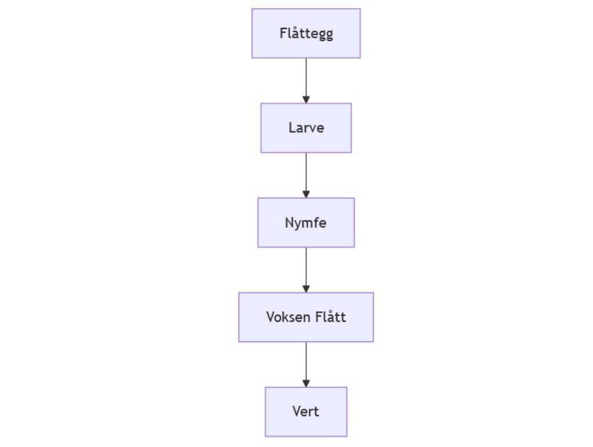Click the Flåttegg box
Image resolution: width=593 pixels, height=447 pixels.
pyautogui.click(x=306, y=33)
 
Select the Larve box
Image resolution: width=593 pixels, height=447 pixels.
pyautogui.click(x=306, y=128)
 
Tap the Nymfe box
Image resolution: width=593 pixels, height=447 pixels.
pyautogui.click(x=306, y=223)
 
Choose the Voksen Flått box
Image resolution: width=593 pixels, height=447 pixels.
pyautogui.click(x=306, y=317)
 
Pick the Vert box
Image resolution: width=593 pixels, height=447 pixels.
pyautogui.click(x=306, y=412)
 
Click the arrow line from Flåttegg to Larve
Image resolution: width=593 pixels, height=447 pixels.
pyautogui.click(x=306, y=81)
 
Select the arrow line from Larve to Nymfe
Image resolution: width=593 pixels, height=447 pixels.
pyautogui.click(x=306, y=175)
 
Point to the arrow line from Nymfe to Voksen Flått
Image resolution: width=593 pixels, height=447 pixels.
pyautogui.click(x=306, y=270)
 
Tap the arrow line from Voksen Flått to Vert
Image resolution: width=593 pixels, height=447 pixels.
pyautogui.click(x=306, y=365)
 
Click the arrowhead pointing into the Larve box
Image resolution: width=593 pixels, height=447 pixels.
pyautogui.click(x=306, y=100)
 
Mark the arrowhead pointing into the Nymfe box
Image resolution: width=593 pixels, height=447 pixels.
pyautogui.click(x=306, y=195)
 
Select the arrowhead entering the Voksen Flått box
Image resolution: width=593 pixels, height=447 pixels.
pyautogui.click(x=306, y=289)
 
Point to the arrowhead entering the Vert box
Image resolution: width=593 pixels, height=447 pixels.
pyautogui.click(x=306, y=384)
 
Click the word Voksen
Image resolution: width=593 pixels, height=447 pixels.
pyautogui.click(x=285, y=317)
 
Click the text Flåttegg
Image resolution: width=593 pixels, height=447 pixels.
pyautogui.click(x=306, y=34)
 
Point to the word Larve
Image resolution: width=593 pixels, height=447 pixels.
pyautogui.click(x=306, y=128)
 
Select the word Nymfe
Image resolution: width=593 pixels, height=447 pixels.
pyautogui.click(x=306, y=223)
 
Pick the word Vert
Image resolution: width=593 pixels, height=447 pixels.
pyautogui.click(x=306, y=412)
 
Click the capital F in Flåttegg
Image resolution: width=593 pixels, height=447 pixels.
pyautogui.click(x=283, y=33)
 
